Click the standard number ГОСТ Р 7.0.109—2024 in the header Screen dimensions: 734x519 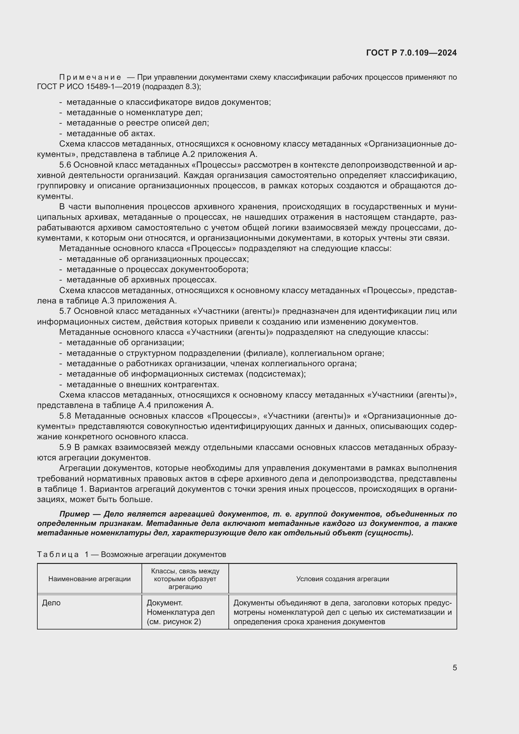tap(411, 53)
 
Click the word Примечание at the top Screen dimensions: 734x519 tap(90, 78)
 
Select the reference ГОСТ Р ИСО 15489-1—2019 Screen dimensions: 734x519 tap(89, 87)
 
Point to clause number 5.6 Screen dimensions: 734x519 tap(65, 165)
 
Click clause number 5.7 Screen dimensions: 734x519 tap(65, 311)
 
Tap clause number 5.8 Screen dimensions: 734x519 tap(65, 416)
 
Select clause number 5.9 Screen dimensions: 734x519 tap(65, 447)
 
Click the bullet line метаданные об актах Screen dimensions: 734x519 tap(110, 134)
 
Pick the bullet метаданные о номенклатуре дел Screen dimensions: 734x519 tap(134, 113)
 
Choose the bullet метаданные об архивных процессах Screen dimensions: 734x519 tap(141, 280)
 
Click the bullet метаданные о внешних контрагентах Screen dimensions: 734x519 tap(142, 384)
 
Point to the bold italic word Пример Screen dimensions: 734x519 tap(74, 514)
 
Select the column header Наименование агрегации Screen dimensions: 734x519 tap(89, 579)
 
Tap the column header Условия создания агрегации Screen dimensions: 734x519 tap(343, 579)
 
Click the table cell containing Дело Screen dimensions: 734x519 tap(51, 603)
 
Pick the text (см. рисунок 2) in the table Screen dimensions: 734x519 tap(174, 622)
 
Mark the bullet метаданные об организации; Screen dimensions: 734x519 tap(125, 342)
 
